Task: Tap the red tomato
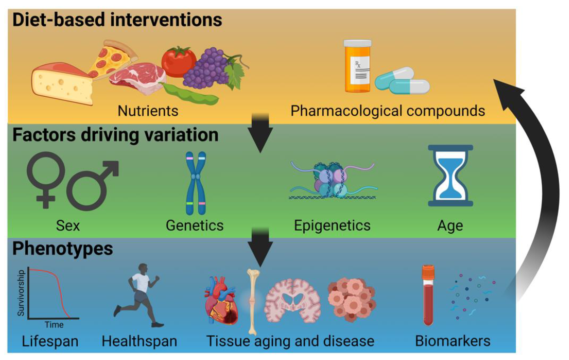coord(178,62)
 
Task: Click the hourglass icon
coord(450,176)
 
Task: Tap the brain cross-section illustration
coord(292,300)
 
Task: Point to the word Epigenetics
coord(332,226)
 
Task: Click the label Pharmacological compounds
coord(387,111)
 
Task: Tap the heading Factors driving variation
coord(115,135)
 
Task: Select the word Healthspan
coord(139,340)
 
